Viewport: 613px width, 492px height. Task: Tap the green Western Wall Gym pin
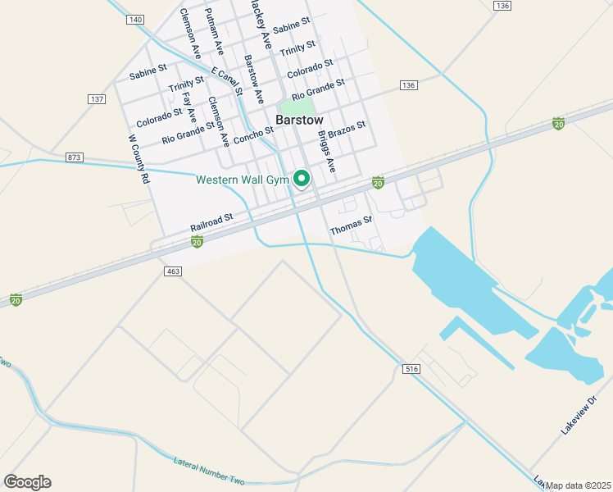[x=302, y=178]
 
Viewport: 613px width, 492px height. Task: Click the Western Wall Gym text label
[x=243, y=180]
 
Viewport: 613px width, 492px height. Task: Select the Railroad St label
[x=211, y=222]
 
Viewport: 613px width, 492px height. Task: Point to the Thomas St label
[x=351, y=225]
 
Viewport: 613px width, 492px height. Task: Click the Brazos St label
[x=346, y=130]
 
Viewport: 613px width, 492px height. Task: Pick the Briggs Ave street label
[x=327, y=152]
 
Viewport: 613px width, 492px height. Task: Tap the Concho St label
[x=253, y=135]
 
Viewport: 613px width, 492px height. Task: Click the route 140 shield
[x=135, y=19]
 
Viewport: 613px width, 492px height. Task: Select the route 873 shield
[x=75, y=157]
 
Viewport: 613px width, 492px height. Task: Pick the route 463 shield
[x=172, y=271]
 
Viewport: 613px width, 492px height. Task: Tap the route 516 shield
[x=411, y=370]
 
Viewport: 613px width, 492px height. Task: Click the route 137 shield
[x=98, y=99]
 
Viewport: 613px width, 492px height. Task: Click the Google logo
[x=27, y=481]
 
